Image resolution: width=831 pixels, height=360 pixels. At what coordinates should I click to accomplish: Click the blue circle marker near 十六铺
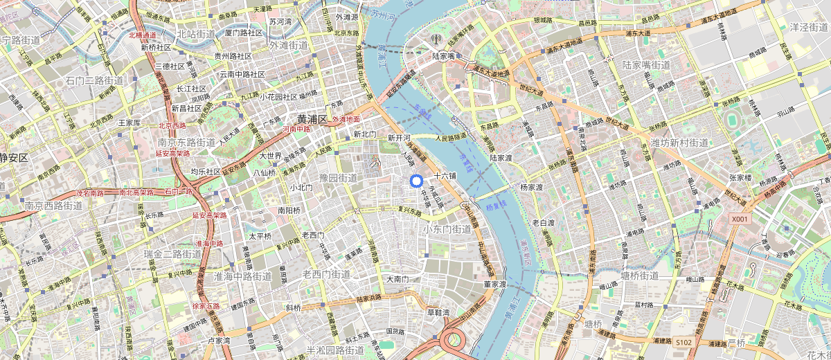pos(416,181)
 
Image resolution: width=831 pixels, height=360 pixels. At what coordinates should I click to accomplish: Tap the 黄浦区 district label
pos(312,119)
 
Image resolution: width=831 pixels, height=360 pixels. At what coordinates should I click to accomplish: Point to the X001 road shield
pos(740,218)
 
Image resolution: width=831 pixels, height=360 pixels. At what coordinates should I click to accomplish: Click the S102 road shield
pos(683,343)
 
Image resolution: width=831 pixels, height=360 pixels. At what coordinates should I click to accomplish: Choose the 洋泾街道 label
pos(809,27)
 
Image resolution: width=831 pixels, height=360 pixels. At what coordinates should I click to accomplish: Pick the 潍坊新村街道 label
pos(679,143)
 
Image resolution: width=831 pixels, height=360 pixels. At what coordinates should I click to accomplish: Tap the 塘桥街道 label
pos(639,276)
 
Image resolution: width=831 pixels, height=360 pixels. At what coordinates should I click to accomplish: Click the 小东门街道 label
pos(447,228)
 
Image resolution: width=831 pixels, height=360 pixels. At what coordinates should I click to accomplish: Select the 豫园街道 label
pos(338,178)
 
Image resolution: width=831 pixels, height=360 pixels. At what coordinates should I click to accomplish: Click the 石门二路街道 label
pos(94,80)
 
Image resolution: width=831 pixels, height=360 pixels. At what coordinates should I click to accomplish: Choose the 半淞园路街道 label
pos(335,350)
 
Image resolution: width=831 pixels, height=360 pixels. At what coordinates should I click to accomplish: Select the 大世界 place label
pos(271,155)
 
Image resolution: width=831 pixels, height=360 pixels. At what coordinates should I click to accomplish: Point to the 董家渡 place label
pos(496,284)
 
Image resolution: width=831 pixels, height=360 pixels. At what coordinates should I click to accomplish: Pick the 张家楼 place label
pos(740,177)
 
